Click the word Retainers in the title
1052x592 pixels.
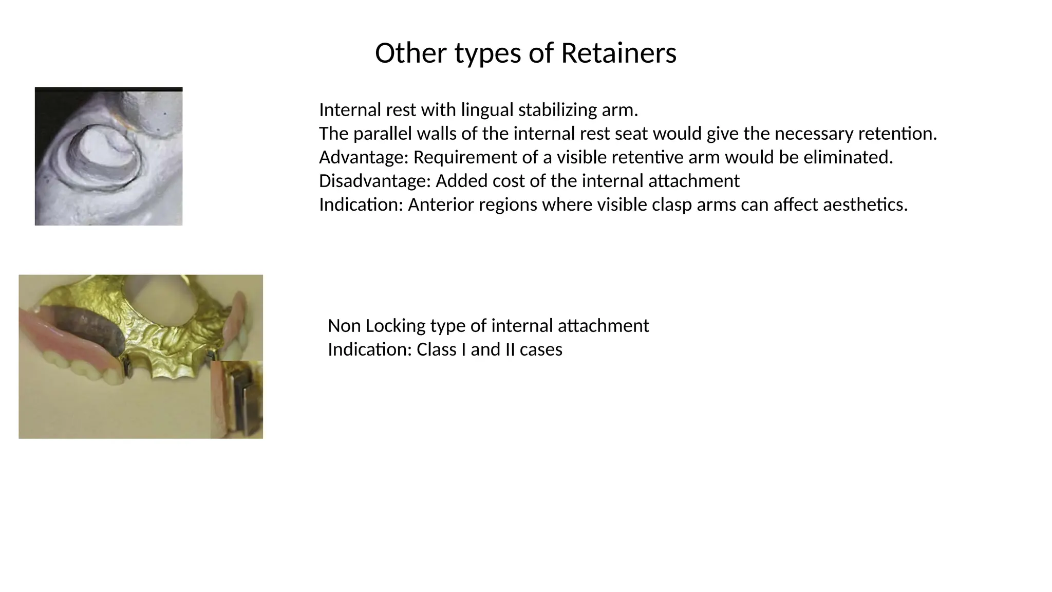coord(618,53)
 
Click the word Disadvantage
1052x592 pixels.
coord(374,181)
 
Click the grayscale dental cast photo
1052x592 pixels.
coord(108,156)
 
